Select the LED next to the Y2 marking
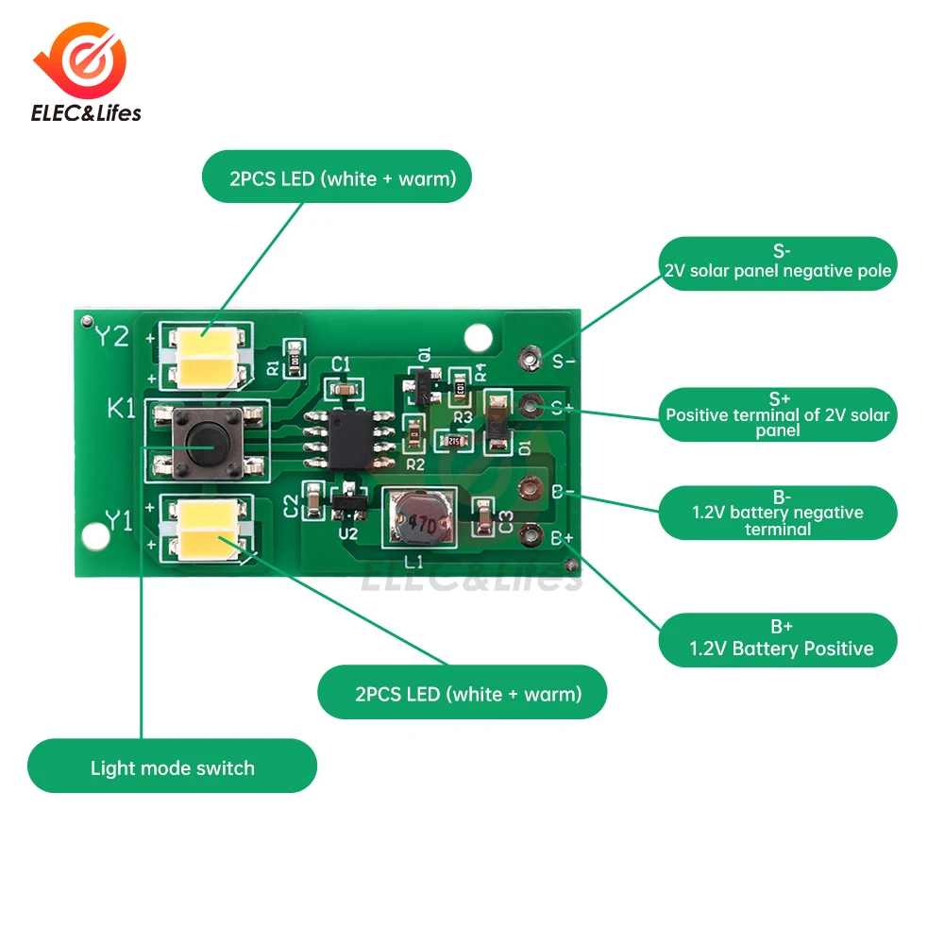[207, 357]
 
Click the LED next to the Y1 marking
[207, 527]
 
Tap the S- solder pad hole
[530, 358]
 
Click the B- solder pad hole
[530, 489]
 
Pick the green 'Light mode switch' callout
[172, 767]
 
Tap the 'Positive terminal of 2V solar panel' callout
[777, 414]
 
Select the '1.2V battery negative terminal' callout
[777, 513]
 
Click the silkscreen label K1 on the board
[121, 410]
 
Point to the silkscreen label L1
[413, 562]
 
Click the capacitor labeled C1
[342, 388]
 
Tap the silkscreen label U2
[348, 534]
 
